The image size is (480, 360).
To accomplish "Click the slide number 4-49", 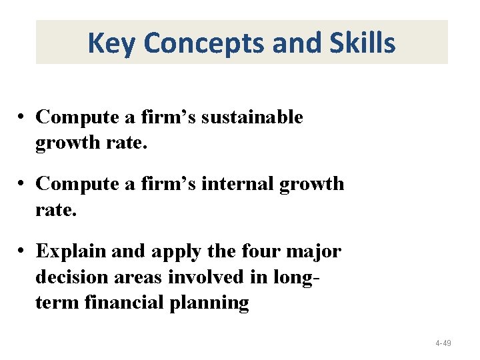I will pyautogui.click(x=443, y=343).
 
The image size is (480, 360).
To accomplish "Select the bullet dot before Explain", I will pyautogui.click(x=22, y=252).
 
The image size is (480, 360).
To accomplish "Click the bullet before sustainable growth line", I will pyautogui.click(x=22, y=117).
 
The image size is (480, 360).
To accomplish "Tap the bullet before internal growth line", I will pyautogui.click(x=22, y=183).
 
